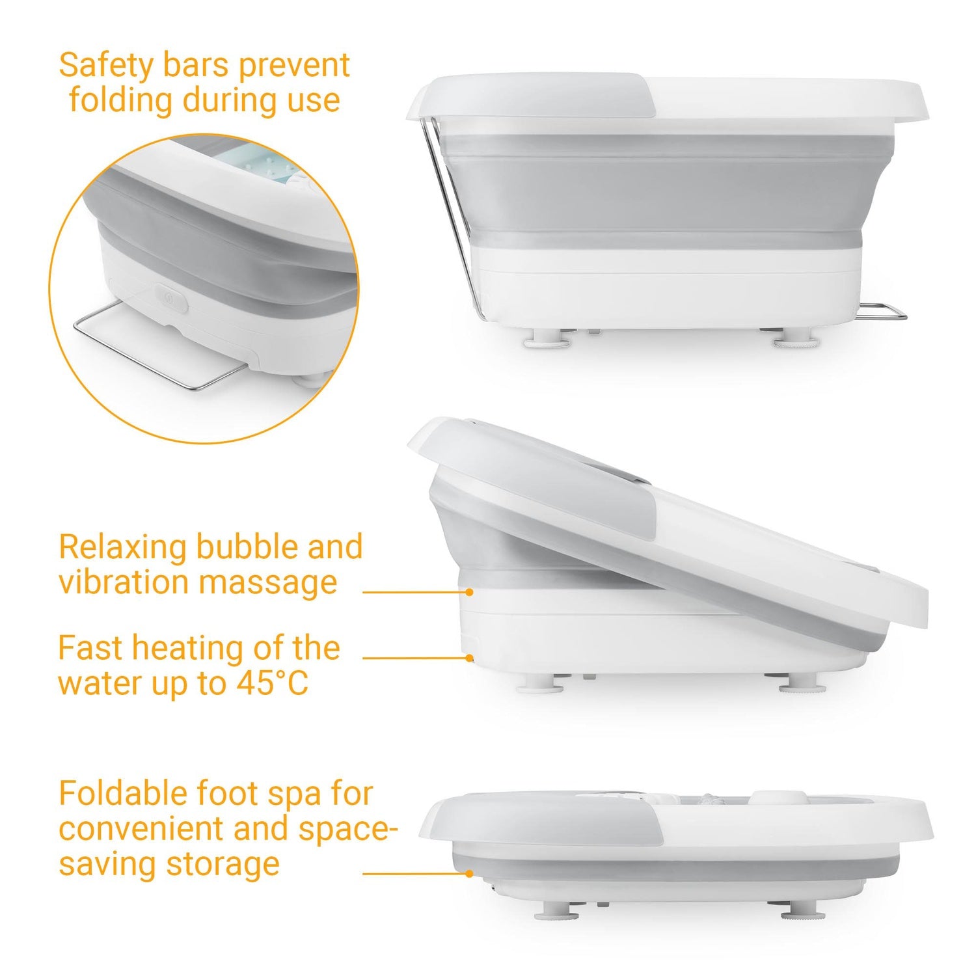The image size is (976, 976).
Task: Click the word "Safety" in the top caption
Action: (105, 65)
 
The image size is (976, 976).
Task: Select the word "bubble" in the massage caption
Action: (245, 547)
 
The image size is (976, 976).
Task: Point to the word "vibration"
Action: (123, 582)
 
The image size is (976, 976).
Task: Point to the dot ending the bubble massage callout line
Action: (469, 592)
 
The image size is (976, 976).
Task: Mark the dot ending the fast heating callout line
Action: (469, 658)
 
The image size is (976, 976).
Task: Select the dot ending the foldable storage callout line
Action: (469, 874)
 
